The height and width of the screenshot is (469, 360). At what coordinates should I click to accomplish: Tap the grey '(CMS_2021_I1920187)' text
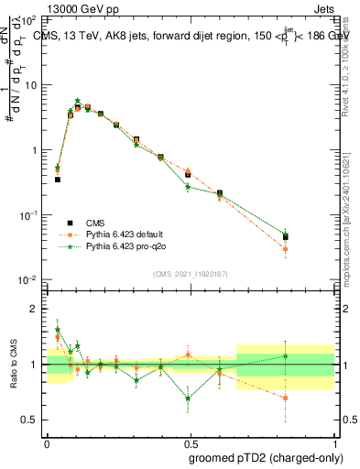[189, 274]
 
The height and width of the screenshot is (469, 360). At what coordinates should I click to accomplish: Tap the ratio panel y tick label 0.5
[30, 420]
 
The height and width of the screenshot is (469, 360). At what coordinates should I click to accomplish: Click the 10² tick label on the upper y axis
[29, 19]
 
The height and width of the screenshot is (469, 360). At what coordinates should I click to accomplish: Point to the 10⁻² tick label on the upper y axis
[29, 279]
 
